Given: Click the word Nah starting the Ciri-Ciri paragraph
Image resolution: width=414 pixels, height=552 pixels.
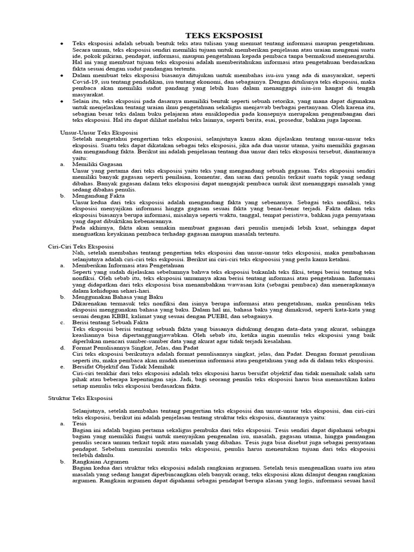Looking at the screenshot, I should pyautogui.click(x=78, y=252).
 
